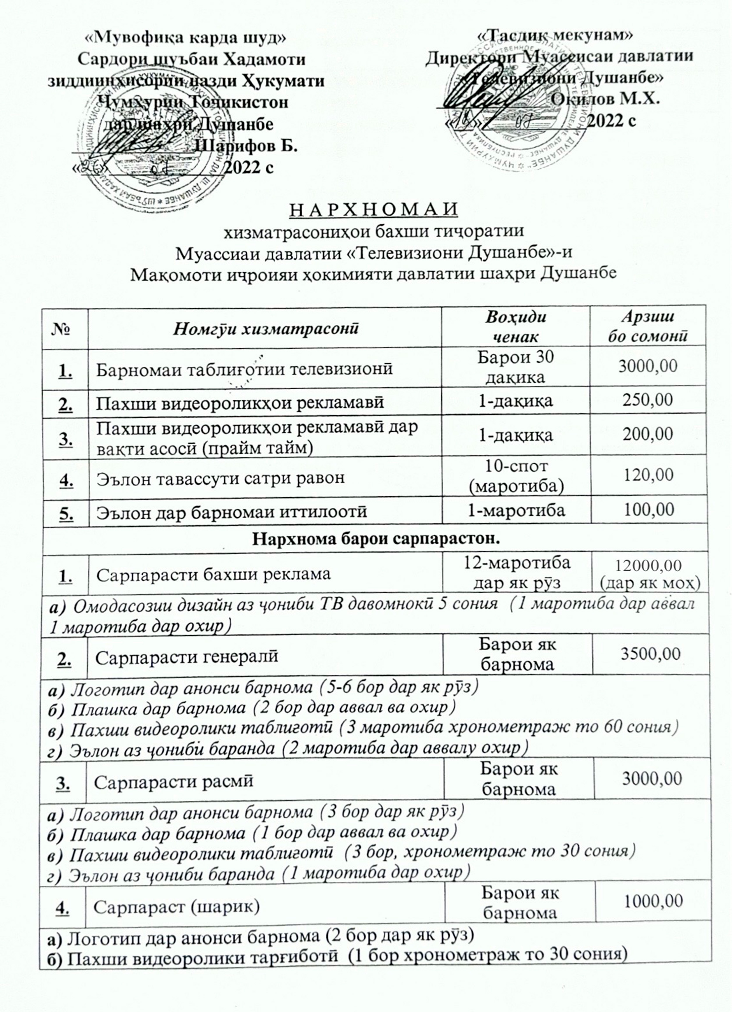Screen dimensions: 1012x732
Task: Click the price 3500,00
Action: pos(651,654)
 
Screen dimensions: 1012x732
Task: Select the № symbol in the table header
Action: pos(64,329)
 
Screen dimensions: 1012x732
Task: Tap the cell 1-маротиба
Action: pos(515,510)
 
